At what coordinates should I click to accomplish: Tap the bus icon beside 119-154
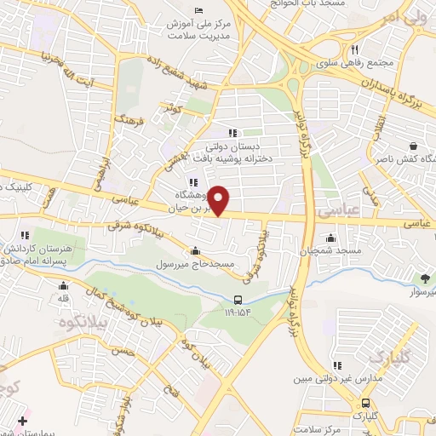(239, 300)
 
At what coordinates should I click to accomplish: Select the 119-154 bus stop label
(239, 313)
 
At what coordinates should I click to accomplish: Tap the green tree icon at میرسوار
(424, 278)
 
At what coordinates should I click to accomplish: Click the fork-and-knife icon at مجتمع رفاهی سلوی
(354, 49)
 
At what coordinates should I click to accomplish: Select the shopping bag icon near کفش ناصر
(413, 146)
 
